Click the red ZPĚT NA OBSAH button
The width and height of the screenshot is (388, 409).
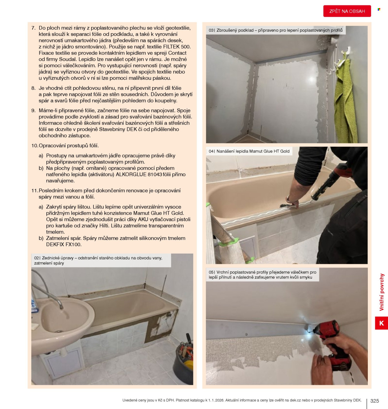[x=347, y=11]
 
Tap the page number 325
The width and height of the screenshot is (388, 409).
[x=374, y=401]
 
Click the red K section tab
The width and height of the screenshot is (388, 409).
[x=381, y=323]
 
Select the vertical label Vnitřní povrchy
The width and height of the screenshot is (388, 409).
[x=381, y=292]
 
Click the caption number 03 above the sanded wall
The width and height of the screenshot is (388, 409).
[x=211, y=30]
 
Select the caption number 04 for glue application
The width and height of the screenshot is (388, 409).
[x=211, y=151]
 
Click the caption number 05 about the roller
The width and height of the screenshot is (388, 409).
[x=211, y=272]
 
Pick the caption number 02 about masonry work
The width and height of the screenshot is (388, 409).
[x=37, y=258]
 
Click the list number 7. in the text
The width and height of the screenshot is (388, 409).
[x=34, y=28]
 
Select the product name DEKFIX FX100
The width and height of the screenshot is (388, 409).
[x=64, y=245]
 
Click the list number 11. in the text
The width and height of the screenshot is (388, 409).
[x=35, y=191]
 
